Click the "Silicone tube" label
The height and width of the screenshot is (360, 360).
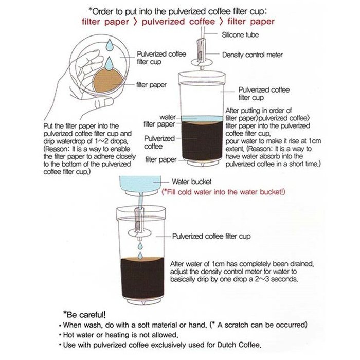240,35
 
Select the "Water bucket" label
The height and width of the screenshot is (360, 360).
192,181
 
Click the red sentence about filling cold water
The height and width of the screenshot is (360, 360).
223,192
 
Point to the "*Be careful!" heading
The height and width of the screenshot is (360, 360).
83,314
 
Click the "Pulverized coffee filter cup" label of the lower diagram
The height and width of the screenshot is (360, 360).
211,236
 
